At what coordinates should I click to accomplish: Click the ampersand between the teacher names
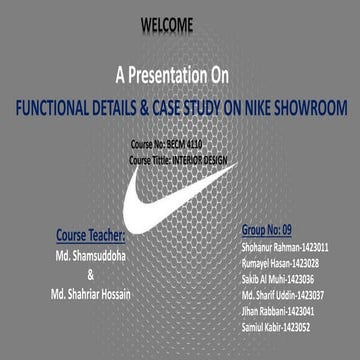[x=91, y=273]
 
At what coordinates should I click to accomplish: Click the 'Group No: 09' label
[x=271, y=229]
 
